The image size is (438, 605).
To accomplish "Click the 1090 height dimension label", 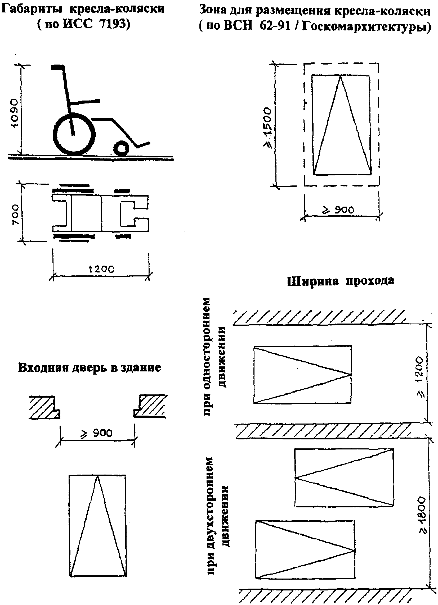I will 15,113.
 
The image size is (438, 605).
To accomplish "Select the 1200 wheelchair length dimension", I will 101,269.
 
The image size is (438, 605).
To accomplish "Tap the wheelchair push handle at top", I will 57,67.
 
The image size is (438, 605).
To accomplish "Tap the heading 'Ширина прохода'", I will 341,281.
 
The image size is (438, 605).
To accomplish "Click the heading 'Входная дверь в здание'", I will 90,367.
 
